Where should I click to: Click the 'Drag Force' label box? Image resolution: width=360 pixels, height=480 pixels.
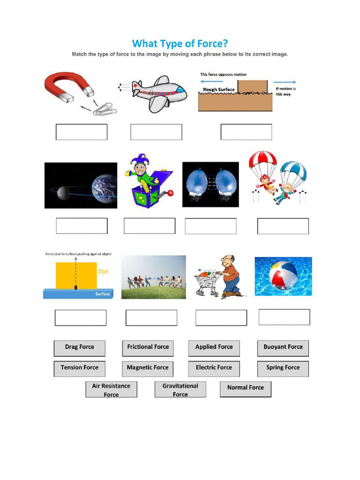point(79,347)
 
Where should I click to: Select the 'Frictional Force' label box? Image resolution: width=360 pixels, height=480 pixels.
point(148,347)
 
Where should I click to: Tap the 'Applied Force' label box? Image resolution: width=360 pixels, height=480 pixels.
point(214,347)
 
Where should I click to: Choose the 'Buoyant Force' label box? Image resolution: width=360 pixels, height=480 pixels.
point(283,347)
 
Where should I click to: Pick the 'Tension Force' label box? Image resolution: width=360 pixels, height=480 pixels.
point(79,368)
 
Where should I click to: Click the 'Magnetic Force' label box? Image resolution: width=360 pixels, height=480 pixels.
point(148,368)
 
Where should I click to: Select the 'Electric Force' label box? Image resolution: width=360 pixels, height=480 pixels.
point(214,368)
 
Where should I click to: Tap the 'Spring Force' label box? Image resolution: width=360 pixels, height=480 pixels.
point(283,368)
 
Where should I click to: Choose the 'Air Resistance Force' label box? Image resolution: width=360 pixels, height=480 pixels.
point(111,390)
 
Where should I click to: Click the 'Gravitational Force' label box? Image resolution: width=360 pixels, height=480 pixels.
point(180,390)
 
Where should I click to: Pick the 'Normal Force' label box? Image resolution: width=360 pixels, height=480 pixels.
point(245,388)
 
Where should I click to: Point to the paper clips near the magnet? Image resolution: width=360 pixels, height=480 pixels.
point(105,110)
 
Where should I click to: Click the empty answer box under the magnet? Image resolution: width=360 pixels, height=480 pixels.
point(82,132)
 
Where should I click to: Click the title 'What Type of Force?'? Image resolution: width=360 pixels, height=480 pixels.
point(180,44)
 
